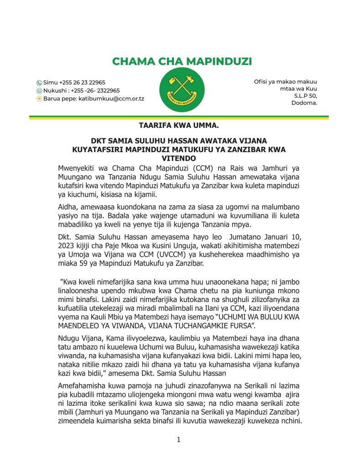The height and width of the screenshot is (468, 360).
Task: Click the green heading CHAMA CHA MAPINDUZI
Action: pyautogui.click(x=182, y=61)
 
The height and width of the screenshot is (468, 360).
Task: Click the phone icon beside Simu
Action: pyautogui.click(x=39, y=83)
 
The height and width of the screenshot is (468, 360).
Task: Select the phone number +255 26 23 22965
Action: pyautogui.click(x=82, y=83)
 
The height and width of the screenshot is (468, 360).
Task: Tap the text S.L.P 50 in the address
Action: pyautogui.click(x=305, y=96)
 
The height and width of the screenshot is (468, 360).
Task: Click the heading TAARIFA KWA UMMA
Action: pyautogui.click(x=180, y=124)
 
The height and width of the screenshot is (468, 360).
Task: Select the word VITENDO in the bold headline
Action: pyautogui.click(x=180, y=158)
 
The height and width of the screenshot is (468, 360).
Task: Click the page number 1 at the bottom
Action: pyautogui.click(x=179, y=440)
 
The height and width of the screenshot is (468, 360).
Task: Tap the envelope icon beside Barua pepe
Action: pyautogui.click(x=39, y=98)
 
